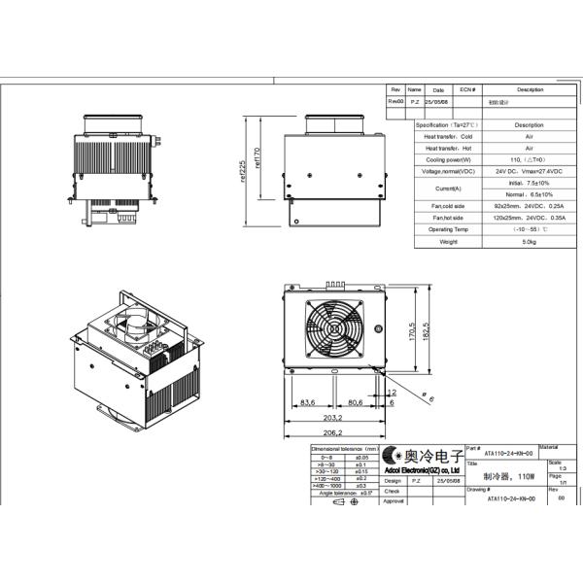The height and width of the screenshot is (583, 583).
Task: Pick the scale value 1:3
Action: tap(555, 468)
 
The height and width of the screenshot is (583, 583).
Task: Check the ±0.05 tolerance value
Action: tap(361, 456)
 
